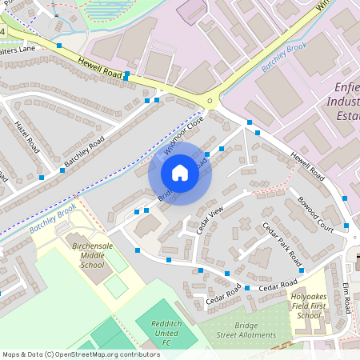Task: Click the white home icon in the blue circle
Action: tap(180, 173)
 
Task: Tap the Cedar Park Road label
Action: tap(282, 244)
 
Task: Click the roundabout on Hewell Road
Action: tap(211, 101)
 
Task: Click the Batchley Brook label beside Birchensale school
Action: tap(53, 218)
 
